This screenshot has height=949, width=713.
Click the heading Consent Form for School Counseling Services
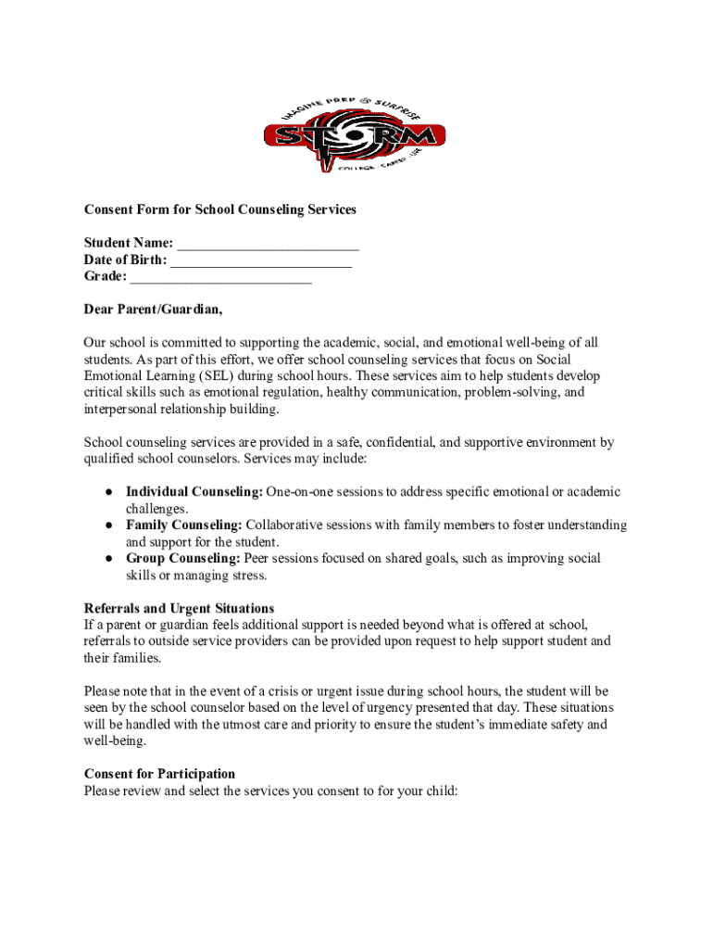pos(219,209)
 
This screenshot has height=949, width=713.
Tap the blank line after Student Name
pos(268,244)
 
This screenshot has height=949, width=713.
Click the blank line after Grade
pos(221,277)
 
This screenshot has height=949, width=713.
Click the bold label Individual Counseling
pos(194,492)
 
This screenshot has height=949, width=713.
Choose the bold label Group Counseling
pos(182,559)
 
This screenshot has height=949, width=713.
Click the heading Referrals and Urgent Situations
pos(179,609)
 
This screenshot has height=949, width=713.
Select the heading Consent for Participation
pos(159,774)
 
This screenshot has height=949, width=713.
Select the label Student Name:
pos(129,244)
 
